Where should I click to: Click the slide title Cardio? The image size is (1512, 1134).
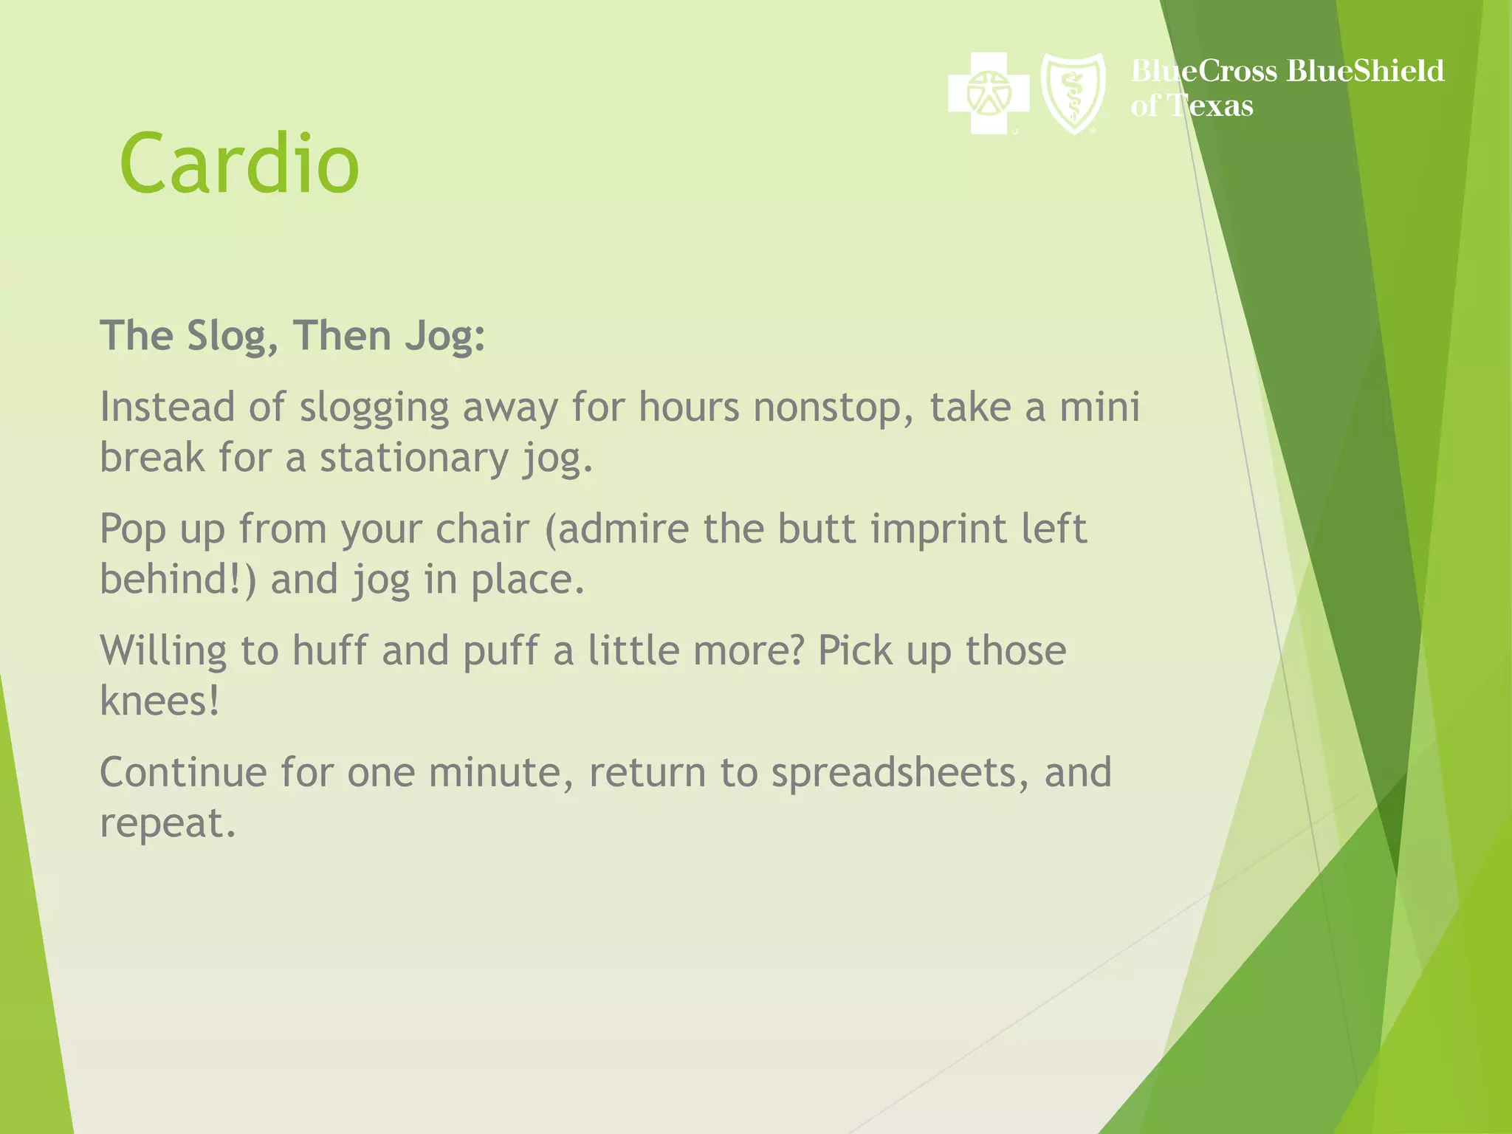pos(239,163)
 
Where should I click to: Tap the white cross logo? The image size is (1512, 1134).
pos(988,93)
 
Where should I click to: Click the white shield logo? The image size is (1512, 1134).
pos(1073,93)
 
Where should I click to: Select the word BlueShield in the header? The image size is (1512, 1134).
pos(1365,71)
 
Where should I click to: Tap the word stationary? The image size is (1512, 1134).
pos(413,458)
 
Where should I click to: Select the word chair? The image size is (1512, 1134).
pos(482,529)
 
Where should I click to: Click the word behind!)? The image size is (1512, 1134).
pos(178,579)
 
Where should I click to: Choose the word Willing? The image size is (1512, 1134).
pos(163,651)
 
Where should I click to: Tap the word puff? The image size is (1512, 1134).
pos(500,651)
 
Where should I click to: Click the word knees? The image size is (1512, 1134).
pos(159,701)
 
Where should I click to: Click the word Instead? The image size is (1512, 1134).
pos(166,408)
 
